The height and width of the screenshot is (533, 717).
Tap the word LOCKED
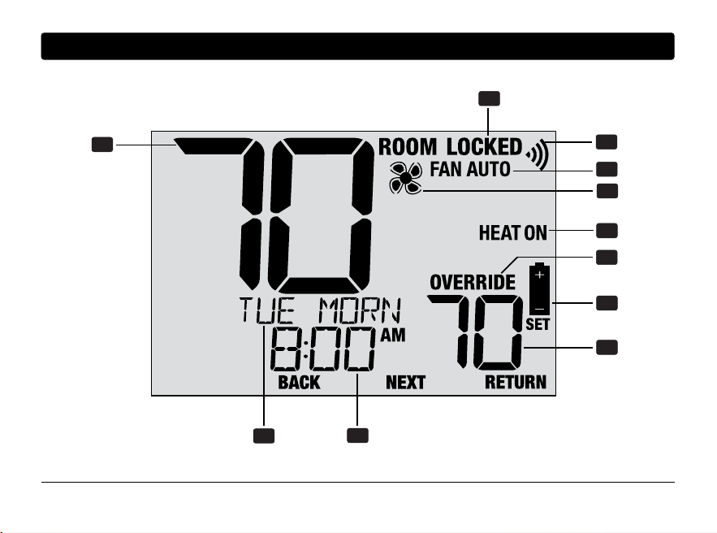click(x=484, y=147)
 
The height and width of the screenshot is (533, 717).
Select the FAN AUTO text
click(x=470, y=169)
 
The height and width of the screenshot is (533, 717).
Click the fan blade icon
click(x=406, y=178)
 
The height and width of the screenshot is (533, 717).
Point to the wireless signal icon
click(x=538, y=154)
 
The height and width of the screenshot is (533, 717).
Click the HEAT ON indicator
click(x=512, y=233)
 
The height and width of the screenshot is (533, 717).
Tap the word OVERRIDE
click(x=473, y=282)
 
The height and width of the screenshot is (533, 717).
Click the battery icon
click(x=540, y=288)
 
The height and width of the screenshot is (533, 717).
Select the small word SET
click(x=538, y=324)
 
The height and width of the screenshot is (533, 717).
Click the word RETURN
click(x=516, y=382)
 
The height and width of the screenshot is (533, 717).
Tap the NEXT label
click(x=405, y=383)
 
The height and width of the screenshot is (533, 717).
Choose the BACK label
click(x=299, y=383)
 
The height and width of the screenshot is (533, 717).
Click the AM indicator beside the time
click(x=393, y=336)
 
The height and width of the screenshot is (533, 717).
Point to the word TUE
click(x=266, y=310)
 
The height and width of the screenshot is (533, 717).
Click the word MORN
click(x=360, y=310)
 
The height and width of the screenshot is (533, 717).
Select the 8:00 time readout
click(x=322, y=350)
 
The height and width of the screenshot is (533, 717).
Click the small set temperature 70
click(x=475, y=332)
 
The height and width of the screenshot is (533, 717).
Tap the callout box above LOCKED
click(x=489, y=99)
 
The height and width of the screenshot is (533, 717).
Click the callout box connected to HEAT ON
click(x=607, y=231)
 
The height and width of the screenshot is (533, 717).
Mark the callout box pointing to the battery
click(x=607, y=303)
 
